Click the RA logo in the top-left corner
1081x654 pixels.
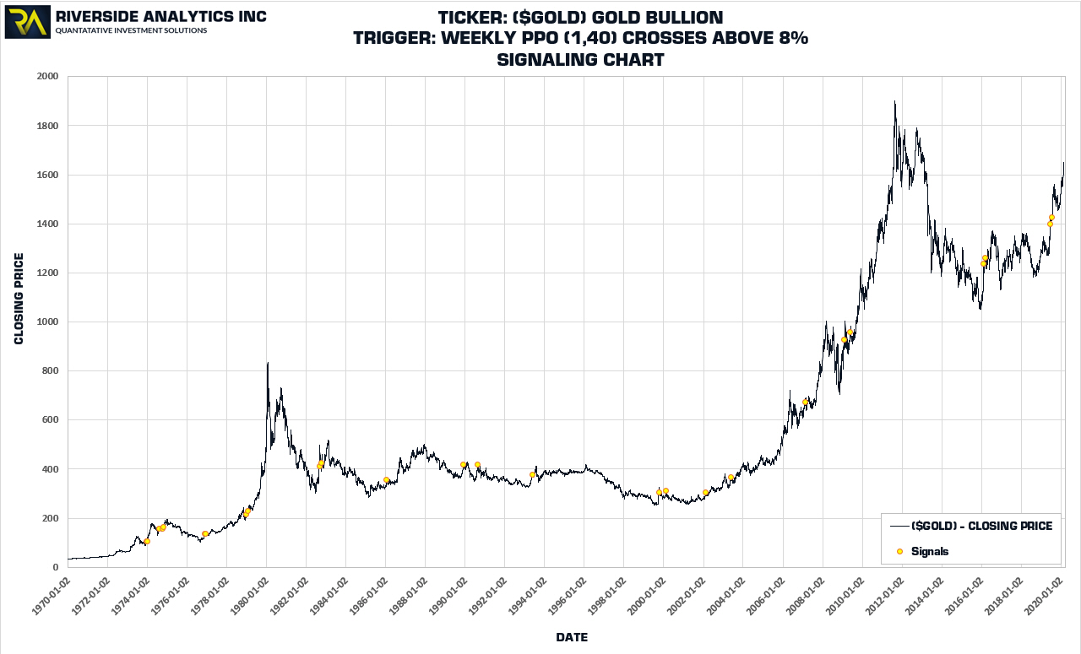(27, 22)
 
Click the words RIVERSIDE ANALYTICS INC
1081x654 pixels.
(160, 17)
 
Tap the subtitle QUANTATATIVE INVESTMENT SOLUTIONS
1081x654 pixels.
(131, 31)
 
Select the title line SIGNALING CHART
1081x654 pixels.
(580, 60)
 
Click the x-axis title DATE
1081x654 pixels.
(572, 637)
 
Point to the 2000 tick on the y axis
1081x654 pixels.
(46, 77)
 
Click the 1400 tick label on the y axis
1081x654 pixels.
(46, 224)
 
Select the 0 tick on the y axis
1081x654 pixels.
(55, 567)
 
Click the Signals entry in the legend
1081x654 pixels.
(930, 551)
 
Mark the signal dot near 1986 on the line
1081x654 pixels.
(386, 480)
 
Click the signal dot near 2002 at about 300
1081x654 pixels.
(705, 493)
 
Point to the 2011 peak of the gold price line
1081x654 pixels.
(894, 102)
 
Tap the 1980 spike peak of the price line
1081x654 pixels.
(268, 363)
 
